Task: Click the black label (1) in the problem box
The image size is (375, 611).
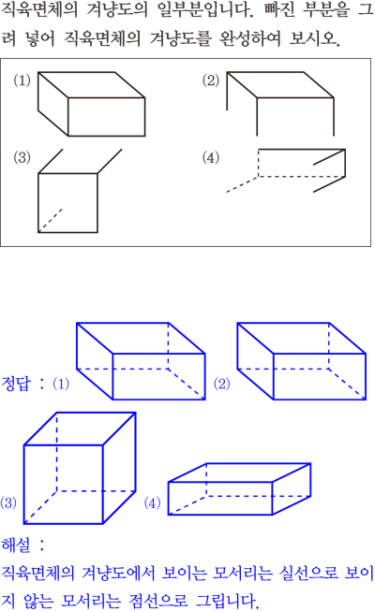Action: [22, 80]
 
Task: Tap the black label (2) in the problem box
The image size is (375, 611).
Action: [211, 80]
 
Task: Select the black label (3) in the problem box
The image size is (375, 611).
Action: [22, 157]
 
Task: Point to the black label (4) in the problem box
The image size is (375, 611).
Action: [211, 157]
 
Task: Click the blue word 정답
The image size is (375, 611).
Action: [16, 384]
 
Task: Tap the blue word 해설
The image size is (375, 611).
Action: [16, 545]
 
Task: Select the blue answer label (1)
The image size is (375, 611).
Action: [61, 384]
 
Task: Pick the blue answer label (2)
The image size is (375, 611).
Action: [222, 384]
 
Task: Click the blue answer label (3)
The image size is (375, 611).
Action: [8, 502]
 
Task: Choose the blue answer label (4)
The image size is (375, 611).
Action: [152, 502]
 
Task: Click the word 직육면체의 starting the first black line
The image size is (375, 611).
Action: [39, 9]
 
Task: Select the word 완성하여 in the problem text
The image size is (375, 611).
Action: [250, 38]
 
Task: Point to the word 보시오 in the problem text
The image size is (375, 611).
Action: [315, 38]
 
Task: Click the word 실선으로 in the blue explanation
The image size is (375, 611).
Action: [308, 573]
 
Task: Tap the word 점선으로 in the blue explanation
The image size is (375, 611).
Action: [158, 601]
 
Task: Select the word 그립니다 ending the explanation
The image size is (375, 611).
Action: [227, 601]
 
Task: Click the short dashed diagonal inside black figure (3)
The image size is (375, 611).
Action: [51, 221]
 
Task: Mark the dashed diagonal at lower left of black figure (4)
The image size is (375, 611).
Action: [242, 184]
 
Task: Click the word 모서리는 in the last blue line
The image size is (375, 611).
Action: [91, 601]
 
